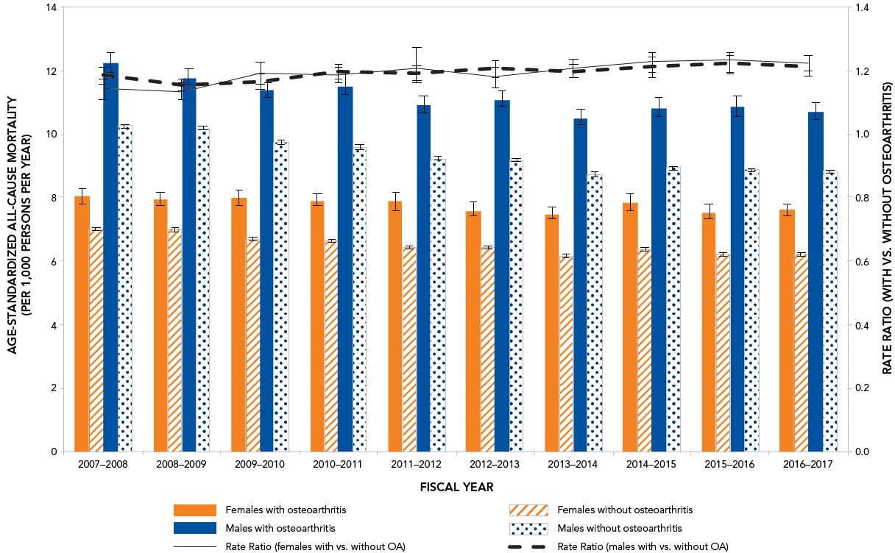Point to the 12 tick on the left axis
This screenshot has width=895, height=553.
click(50, 71)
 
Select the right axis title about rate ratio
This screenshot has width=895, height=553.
click(885, 228)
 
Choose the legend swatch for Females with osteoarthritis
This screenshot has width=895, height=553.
click(195, 510)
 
